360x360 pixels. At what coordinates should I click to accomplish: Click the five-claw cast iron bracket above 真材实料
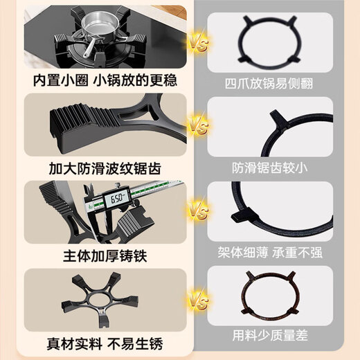coord(97,301)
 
